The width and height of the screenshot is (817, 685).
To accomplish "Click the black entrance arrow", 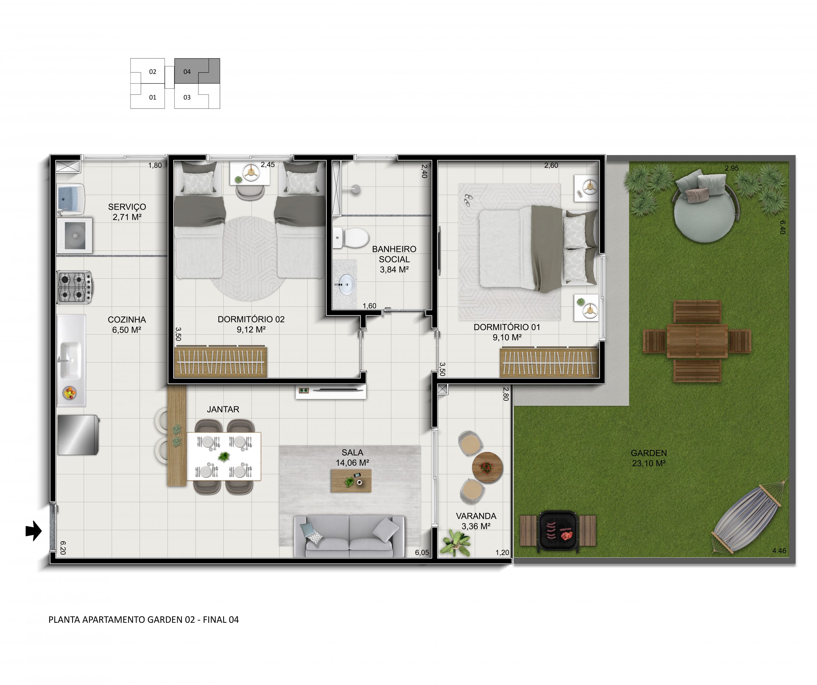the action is (x=34, y=531).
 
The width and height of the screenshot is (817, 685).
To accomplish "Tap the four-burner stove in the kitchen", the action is (x=75, y=287).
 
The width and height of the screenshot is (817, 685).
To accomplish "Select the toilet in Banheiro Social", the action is (x=351, y=237).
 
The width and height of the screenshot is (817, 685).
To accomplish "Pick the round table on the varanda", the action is (x=487, y=467).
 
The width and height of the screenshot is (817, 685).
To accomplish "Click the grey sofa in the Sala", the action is (x=349, y=536).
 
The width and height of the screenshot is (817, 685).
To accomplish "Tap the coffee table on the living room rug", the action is (x=351, y=481).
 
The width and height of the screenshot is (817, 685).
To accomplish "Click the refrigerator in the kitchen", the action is (x=78, y=435).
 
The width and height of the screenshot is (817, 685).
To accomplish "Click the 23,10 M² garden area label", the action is (x=648, y=463).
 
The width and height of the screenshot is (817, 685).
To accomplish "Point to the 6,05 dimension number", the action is (x=422, y=553).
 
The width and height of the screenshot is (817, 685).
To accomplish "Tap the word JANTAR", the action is (x=223, y=410).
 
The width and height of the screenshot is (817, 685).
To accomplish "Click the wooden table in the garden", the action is (x=697, y=341).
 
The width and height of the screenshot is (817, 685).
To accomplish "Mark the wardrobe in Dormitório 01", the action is (x=549, y=362).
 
